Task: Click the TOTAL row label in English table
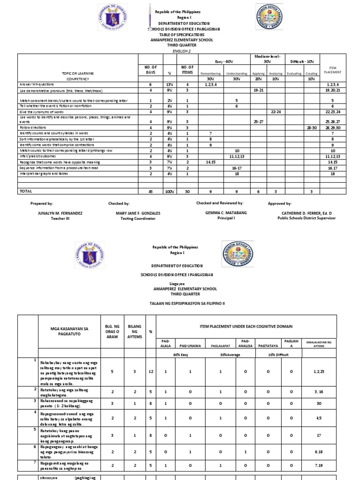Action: tap(26, 191)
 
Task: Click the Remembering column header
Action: tap(210, 74)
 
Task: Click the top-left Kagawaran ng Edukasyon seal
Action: tap(114, 22)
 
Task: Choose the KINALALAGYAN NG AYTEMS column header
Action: tap(319, 343)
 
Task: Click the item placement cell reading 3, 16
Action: tap(319, 392)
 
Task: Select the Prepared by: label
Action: tap(42, 204)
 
